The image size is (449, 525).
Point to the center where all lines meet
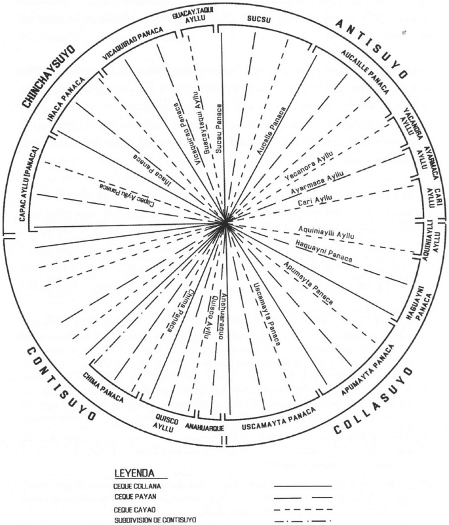tap(225, 225)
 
